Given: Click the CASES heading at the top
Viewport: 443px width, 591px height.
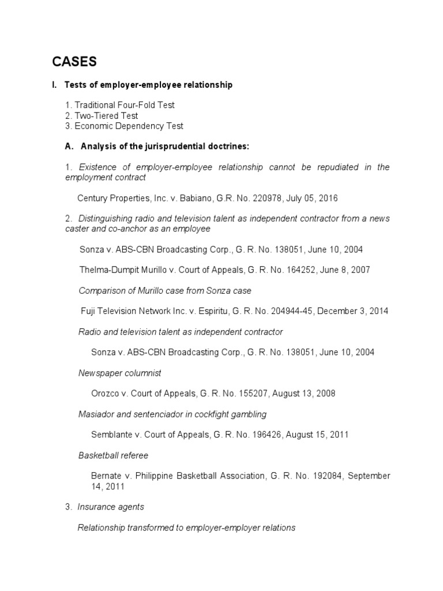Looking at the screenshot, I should click(76, 61).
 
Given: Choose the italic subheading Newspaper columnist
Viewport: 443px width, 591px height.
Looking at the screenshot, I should click(119, 373).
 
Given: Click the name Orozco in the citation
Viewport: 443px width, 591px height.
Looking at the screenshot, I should click(105, 394).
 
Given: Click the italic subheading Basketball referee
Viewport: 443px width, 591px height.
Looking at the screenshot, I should click(113, 455).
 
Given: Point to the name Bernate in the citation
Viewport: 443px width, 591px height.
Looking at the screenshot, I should click(107, 476).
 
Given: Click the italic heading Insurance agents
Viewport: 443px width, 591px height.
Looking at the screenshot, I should click(110, 507).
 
